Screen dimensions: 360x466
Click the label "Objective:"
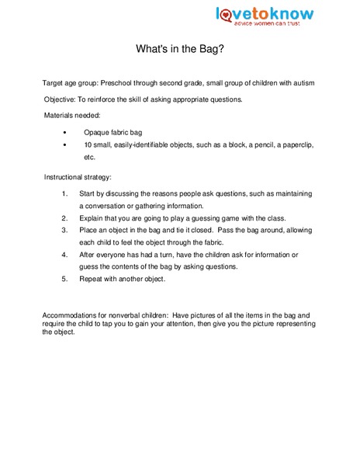(x=61, y=99)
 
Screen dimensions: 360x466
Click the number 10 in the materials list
(x=88, y=145)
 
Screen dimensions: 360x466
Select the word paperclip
(x=291, y=145)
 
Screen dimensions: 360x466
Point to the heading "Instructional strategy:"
(x=78, y=177)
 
